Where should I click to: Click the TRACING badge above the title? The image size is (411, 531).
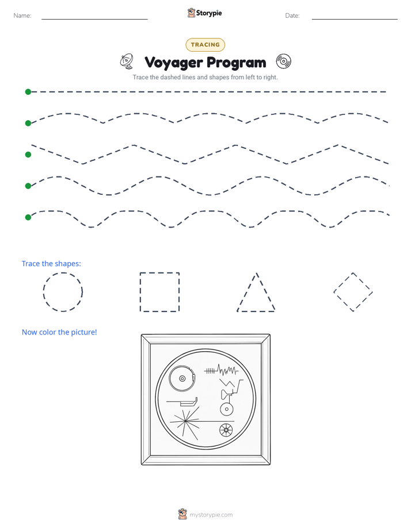pyautogui.click(x=205, y=45)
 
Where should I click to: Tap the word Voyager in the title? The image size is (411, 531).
pyautogui.click(x=173, y=63)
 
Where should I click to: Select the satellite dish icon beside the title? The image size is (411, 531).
pyautogui.click(x=127, y=61)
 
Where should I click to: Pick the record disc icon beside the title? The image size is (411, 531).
pyautogui.click(x=283, y=61)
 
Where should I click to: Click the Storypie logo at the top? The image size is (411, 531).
pyautogui.click(x=204, y=13)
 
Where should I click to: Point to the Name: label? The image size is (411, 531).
pyautogui.click(x=22, y=16)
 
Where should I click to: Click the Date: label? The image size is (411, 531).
pyautogui.click(x=292, y=16)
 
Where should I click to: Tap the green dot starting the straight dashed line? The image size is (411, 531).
pyautogui.click(x=28, y=92)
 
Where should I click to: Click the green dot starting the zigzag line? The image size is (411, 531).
pyautogui.click(x=28, y=155)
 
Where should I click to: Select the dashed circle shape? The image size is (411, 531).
pyautogui.click(x=43, y=292)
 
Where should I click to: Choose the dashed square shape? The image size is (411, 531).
pyautogui.click(x=140, y=292)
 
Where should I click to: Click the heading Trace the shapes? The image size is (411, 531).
pyautogui.click(x=51, y=263)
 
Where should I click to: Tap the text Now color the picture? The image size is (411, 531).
pyautogui.click(x=59, y=332)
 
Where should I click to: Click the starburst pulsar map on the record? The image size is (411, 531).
pyautogui.click(x=185, y=421)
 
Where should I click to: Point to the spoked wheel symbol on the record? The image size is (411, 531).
pyautogui.click(x=226, y=430)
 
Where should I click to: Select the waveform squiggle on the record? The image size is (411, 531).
pyautogui.click(x=221, y=370)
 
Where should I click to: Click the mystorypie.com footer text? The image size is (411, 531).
pyautogui.click(x=211, y=515)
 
